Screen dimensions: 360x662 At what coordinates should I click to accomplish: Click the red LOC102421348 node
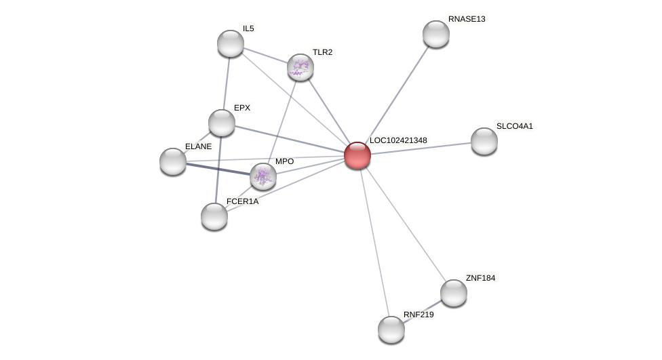click(357, 155)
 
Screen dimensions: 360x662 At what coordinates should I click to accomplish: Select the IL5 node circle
click(231, 43)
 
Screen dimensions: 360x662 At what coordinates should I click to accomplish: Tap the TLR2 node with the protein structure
click(300, 67)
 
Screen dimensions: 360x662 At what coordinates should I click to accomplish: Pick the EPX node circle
click(222, 123)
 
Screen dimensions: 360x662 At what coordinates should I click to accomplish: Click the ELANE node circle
click(173, 161)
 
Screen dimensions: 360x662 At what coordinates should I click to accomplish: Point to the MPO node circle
click(263, 176)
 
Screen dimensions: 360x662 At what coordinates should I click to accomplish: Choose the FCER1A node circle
click(214, 216)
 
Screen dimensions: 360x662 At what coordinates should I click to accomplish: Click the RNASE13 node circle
click(436, 34)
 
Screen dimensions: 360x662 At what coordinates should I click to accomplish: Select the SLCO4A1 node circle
click(484, 141)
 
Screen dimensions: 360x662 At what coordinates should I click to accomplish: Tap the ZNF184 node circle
click(454, 293)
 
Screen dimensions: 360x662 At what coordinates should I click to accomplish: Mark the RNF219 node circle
click(391, 329)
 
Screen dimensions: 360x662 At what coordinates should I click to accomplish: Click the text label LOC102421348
click(398, 140)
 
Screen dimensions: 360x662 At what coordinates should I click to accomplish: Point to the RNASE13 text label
click(467, 19)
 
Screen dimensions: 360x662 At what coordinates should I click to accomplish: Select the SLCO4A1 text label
click(514, 126)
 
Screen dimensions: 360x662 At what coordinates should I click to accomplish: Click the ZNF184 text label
click(480, 278)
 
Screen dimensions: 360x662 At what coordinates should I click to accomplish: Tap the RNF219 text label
click(418, 315)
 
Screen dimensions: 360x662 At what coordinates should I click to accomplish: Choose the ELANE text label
click(198, 146)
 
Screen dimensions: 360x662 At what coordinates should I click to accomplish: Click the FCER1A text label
click(242, 201)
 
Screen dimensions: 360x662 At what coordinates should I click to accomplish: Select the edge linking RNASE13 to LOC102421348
click(397, 95)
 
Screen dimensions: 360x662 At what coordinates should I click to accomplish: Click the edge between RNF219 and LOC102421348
click(374, 243)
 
